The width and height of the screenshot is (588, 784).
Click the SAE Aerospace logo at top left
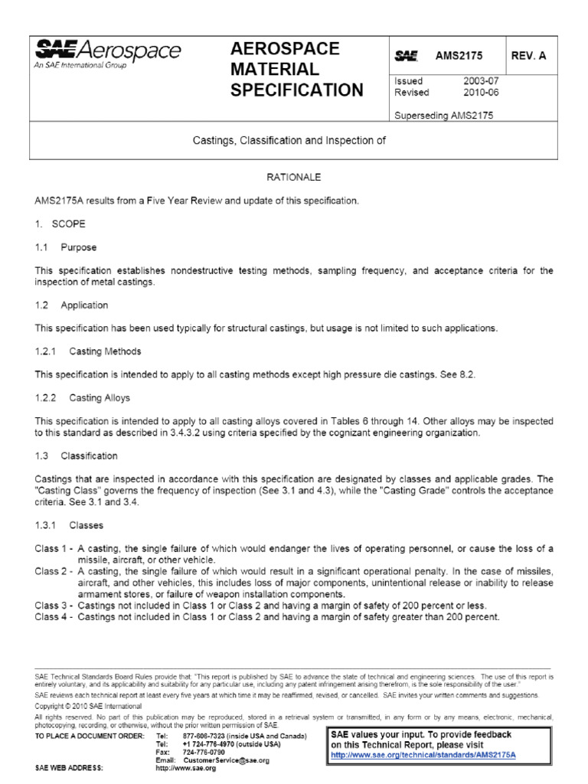pyautogui.click(x=108, y=54)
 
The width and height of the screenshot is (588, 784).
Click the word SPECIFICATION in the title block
pyautogui.click(x=297, y=90)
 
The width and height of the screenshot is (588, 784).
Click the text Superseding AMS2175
pyautogui.click(x=443, y=116)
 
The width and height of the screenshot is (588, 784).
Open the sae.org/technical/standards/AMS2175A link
pyautogui.click(x=413, y=754)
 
